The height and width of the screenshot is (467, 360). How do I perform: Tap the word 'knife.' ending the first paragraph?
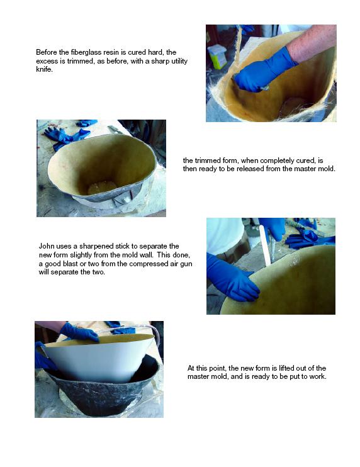[44, 70]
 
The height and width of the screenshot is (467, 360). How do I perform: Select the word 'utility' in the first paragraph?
[179, 61]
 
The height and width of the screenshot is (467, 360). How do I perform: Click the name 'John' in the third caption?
[46, 246]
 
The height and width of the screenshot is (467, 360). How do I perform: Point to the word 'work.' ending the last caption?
[318, 376]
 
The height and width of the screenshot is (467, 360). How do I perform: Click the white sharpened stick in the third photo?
[265, 245]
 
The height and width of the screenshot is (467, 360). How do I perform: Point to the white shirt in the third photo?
[225, 235]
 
